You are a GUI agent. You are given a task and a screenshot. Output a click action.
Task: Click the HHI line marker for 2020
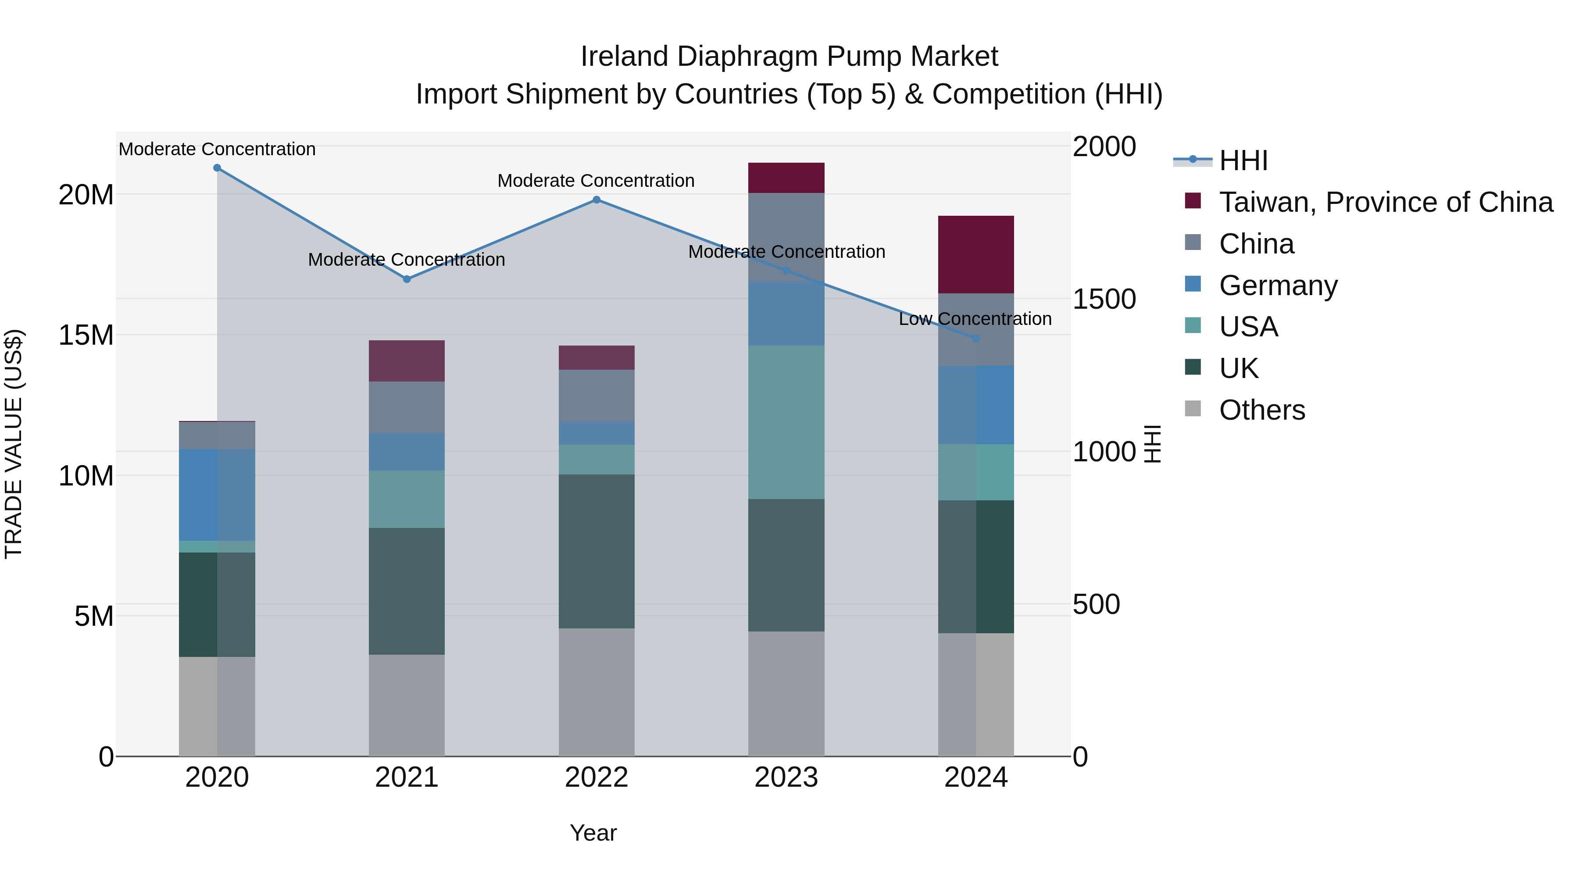(217, 168)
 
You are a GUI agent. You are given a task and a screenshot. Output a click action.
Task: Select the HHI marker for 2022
(597, 200)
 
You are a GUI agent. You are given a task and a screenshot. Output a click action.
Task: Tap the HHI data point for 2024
(976, 338)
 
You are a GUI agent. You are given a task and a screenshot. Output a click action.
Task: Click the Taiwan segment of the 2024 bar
(976, 254)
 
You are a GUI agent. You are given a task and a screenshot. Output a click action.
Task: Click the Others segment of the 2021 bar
(407, 705)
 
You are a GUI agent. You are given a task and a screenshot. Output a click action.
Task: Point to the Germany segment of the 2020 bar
(217, 495)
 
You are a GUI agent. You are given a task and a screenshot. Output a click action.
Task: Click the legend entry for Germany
(1278, 285)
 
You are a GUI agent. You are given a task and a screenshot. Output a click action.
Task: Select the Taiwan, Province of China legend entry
(1385, 202)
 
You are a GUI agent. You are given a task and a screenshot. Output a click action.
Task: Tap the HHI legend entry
(1243, 160)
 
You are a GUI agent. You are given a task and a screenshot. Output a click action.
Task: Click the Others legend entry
(1261, 410)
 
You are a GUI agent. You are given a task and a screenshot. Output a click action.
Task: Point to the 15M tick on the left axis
(86, 335)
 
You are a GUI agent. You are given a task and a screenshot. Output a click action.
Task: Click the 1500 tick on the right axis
(1104, 299)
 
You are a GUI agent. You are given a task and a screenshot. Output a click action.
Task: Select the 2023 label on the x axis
(786, 777)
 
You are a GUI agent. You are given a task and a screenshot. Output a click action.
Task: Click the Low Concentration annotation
(975, 319)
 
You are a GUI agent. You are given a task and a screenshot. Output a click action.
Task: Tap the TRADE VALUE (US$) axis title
(14, 444)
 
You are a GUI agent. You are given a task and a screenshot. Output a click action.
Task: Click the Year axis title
(593, 833)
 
